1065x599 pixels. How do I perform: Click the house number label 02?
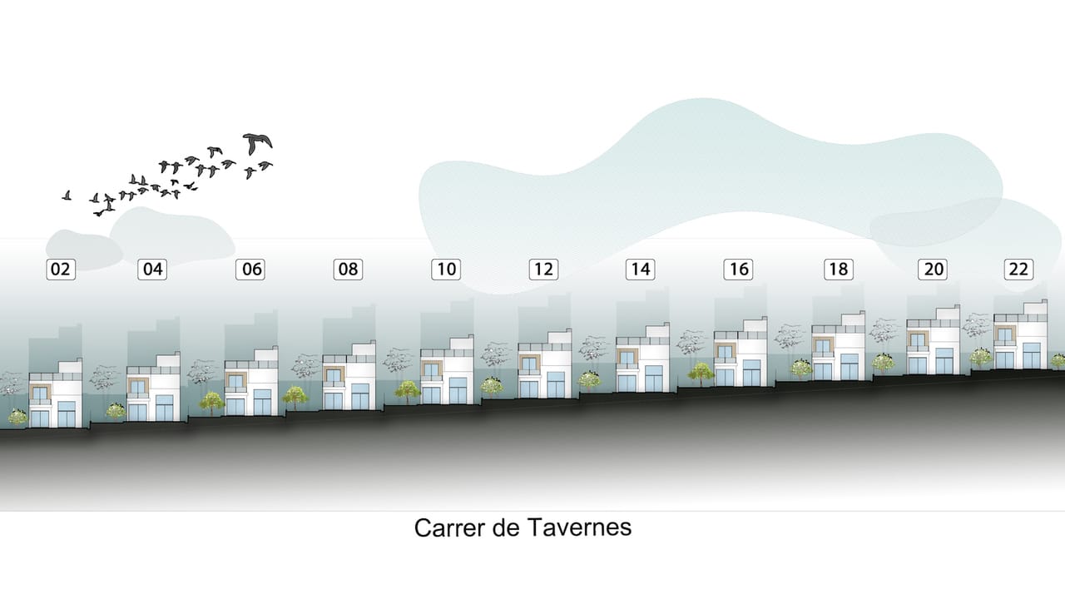coord(61,270)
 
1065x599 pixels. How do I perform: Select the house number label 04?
coord(152,270)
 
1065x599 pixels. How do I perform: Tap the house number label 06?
coord(250,270)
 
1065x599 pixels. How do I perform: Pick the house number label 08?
coord(348,270)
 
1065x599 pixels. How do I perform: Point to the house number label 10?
coord(446,270)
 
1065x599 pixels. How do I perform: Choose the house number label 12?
coord(544,270)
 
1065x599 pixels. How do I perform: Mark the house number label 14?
coord(641,270)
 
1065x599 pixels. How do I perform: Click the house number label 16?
coord(738,270)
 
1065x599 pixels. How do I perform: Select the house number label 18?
coord(839,270)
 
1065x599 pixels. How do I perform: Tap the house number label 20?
coord(933,270)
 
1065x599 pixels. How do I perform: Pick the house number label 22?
coord(1018,270)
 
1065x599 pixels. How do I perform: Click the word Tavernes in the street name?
coord(580,527)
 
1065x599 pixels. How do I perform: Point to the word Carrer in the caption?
coord(451,527)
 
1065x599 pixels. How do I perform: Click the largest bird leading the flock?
coord(258,143)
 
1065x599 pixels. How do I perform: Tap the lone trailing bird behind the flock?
coord(67,196)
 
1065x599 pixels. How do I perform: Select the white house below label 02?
coord(56,394)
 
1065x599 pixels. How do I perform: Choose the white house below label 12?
coord(545,364)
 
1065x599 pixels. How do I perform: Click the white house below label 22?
coord(1021,334)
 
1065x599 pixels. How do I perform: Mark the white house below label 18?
coord(838,346)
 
